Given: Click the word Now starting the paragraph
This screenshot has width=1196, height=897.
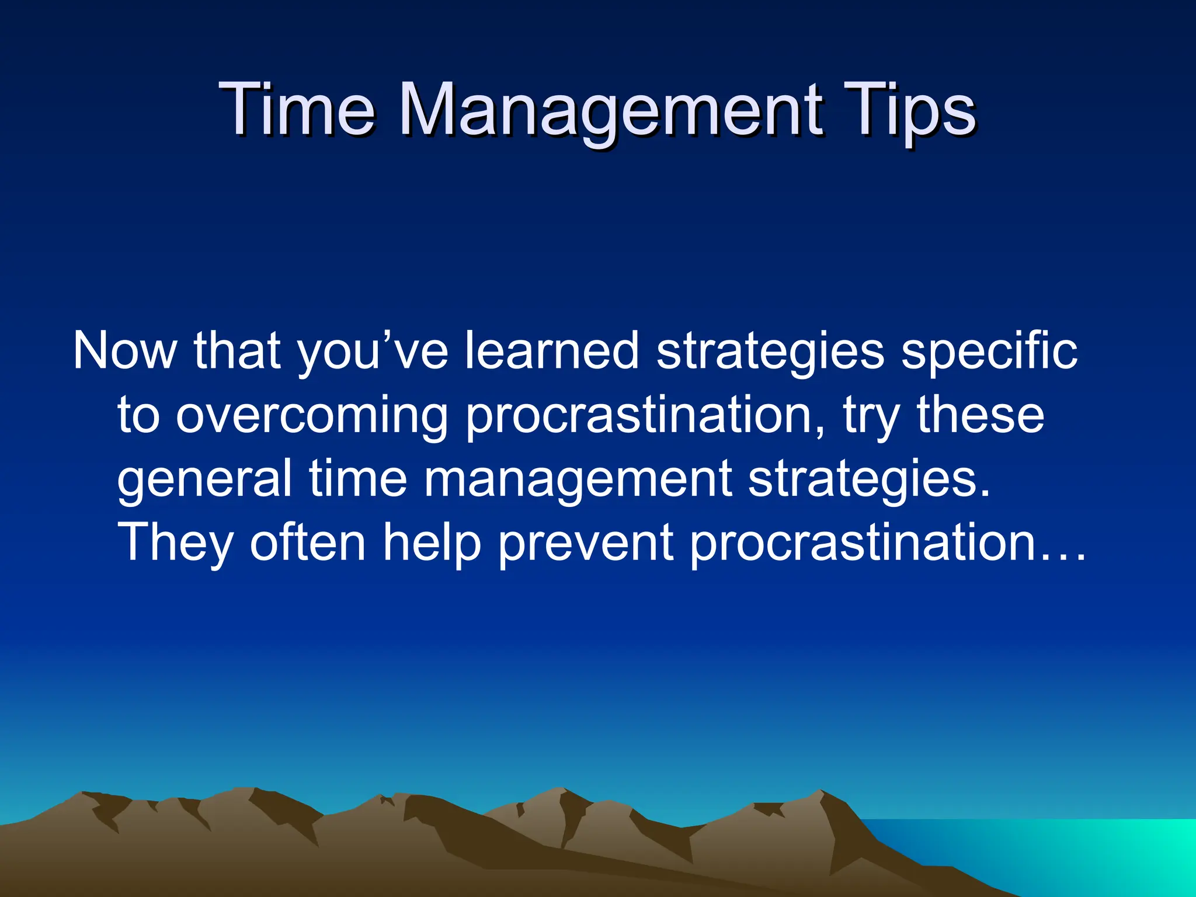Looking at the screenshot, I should click(124, 351).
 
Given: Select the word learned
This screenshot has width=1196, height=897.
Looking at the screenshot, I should click(552, 351).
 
